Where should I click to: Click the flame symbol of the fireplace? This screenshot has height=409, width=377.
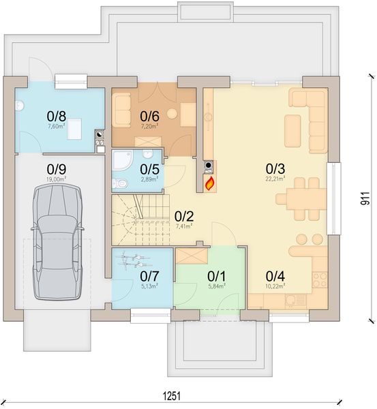[210, 183]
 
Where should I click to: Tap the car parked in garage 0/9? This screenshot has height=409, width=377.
[57, 242]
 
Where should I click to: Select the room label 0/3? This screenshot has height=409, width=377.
[275, 169]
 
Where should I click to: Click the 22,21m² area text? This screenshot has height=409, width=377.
[275, 179]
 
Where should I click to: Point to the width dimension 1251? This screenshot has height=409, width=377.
[172, 396]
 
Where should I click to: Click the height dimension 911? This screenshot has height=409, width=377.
[365, 198]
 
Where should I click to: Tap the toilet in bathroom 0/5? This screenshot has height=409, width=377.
[119, 183]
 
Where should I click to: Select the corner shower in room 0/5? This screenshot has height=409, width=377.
[122, 160]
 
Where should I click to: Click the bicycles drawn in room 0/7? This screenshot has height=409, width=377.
[133, 261]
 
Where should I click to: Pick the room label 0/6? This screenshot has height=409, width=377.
[149, 116]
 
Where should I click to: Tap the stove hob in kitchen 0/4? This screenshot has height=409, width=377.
[320, 280]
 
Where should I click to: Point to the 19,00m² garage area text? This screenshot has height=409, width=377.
[57, 179]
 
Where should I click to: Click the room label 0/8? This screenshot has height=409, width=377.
[57, 116]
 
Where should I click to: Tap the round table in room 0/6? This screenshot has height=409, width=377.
[172, 114]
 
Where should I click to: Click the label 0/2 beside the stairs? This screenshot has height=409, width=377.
[184, 217]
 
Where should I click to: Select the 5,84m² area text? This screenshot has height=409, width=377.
[216, 286]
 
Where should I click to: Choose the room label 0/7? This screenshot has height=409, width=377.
[149, 276]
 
